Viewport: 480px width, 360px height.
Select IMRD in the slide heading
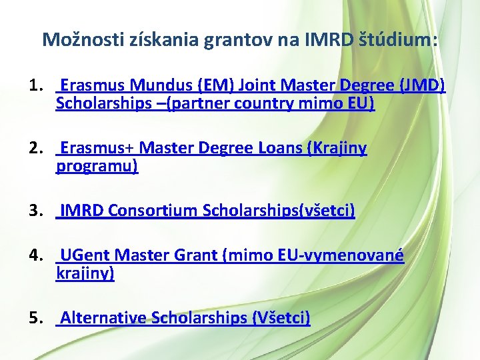323,40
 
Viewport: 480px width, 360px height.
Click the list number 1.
36,86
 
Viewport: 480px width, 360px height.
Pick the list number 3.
36,211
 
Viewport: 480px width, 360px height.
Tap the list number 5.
36,318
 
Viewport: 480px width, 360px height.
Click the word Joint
257,86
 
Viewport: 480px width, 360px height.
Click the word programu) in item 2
97,166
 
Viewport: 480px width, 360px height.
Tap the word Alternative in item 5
103,318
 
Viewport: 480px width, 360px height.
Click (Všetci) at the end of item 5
281,318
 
